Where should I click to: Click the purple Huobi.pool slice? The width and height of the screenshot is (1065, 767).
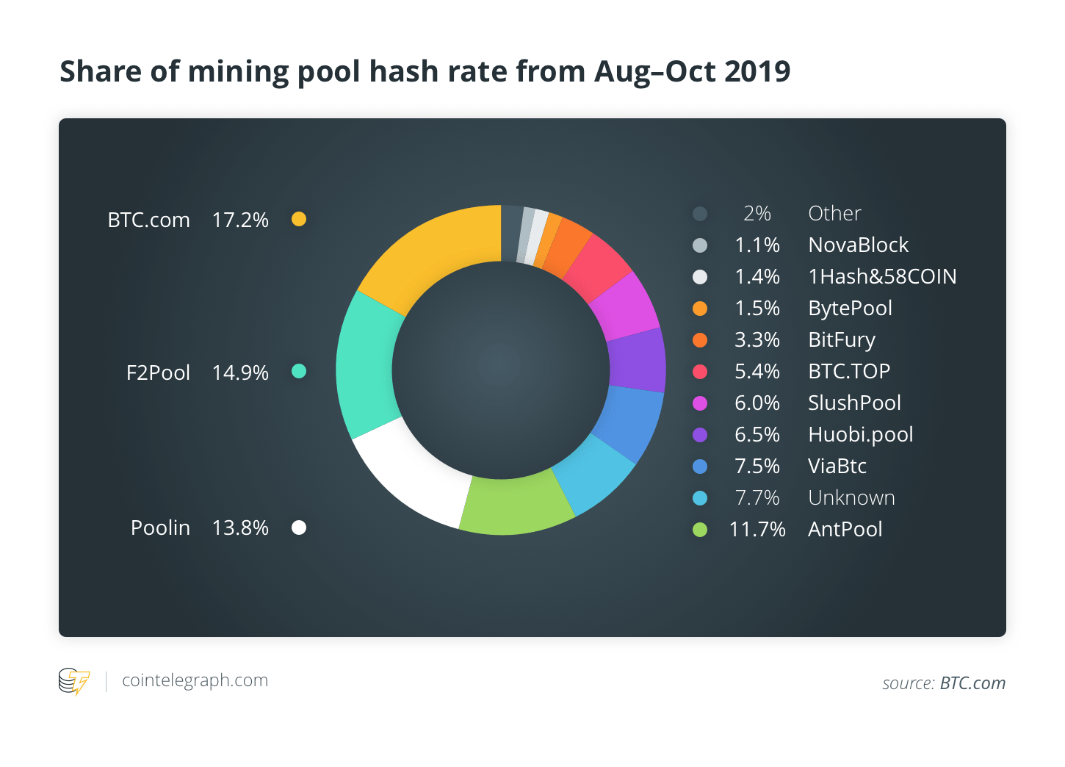(x=636, y=360)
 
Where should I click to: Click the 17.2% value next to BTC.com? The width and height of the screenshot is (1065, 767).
(x=240, y=220)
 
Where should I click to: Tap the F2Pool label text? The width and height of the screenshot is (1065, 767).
(x=158, y=372)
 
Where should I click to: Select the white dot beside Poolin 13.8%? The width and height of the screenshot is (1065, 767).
(x=299, y=527)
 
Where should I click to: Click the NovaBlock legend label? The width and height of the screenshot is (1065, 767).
(x=858, y=245)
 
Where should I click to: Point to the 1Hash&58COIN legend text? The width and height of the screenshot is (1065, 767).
(x=882, y=276)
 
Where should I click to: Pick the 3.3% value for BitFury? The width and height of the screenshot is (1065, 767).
(x=757, y=339)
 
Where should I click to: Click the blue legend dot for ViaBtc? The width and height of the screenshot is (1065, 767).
(x=700, y=467)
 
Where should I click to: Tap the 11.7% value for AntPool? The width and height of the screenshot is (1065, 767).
(x=757, y=529)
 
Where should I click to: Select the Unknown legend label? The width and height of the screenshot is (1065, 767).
(x=851, y=497)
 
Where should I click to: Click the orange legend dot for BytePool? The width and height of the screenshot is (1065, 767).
(x=700, y=309)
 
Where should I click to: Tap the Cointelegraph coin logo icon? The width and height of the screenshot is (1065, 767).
(x=73, y=681)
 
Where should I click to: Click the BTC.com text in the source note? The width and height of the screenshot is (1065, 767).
(x=972, y=683)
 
